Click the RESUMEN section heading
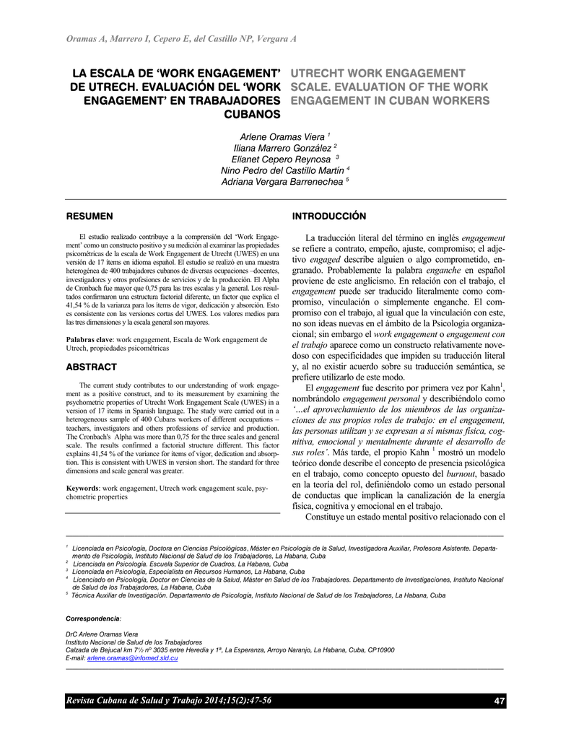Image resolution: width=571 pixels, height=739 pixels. [90, 216]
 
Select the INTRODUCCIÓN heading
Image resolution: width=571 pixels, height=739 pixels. [328, 216]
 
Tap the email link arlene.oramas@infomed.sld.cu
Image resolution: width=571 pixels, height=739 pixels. [133, 660]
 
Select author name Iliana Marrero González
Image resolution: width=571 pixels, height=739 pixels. [283, 148]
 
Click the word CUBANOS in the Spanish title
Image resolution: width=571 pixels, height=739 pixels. [248, 114]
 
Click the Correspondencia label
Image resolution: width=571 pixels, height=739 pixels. [92, 619]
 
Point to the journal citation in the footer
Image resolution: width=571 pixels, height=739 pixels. [169, 701]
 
